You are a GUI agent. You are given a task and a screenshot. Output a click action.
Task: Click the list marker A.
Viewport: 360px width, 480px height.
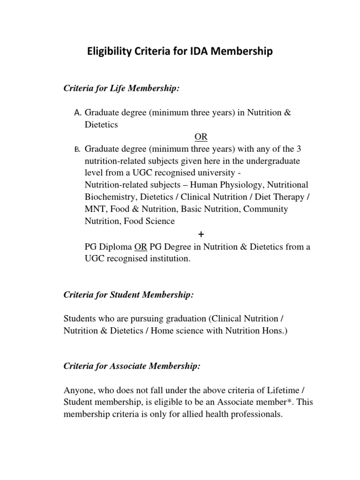click(x=78, y=113)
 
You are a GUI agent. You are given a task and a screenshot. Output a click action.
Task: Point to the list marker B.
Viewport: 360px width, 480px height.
click(x=78, y=150)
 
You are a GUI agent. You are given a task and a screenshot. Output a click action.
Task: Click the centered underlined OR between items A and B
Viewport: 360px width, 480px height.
click(x=201, y=137)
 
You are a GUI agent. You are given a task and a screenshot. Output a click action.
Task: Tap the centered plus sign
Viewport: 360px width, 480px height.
click(x=201, y=233)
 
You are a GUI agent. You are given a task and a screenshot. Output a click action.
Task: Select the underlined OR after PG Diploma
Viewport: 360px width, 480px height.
click(x=141, y=247)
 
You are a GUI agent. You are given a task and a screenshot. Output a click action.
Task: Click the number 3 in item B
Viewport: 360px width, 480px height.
click(x=299, y=149)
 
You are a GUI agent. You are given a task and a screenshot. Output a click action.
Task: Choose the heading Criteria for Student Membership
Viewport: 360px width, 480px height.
click(x=128, y=295)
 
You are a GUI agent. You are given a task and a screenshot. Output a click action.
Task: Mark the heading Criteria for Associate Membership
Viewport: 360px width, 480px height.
click(x=132, y=367)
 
